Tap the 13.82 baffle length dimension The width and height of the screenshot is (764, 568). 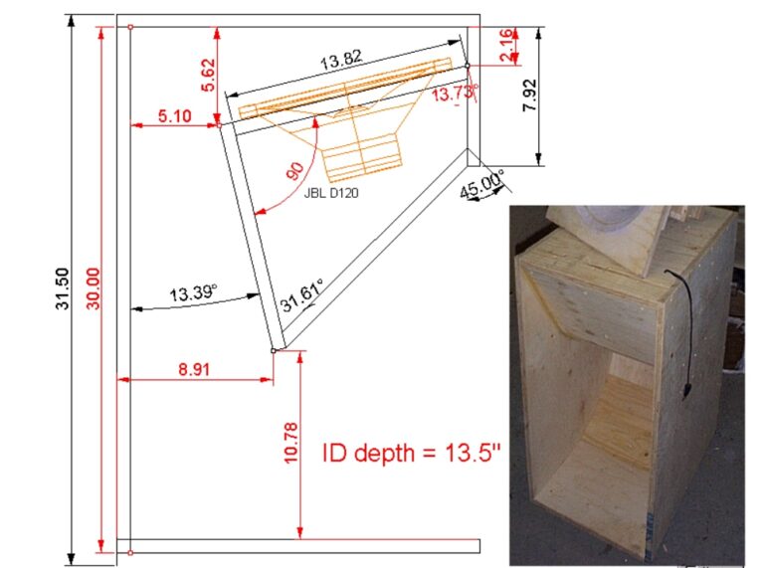[340, 62]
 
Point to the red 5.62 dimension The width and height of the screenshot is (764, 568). [208, 76]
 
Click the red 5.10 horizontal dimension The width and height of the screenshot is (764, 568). [174, 116]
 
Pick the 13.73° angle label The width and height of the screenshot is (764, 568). [454, 94]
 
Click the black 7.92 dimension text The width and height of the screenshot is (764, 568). [530, 96]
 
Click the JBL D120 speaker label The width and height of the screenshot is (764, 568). [330, 195]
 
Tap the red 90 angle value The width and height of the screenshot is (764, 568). [296, 170]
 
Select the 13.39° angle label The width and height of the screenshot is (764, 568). [193, 293]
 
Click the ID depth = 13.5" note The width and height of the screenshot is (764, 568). [412, 454]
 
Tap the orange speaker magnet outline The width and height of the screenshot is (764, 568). [360, 157]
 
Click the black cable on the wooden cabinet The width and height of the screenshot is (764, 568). [684, 328]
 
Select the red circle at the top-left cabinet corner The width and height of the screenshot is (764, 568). [131, 27]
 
